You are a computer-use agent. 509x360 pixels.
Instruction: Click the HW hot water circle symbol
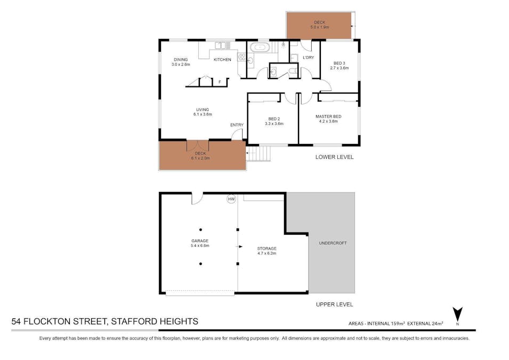pyautogui.click(x=231, y=199)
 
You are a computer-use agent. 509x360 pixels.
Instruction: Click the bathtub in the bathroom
pyautogui.click(x=260, y=47)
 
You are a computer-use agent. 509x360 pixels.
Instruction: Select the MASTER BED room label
pyautogui.click(x=328, y=116)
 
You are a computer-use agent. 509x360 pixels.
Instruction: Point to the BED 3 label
pyautogui.click(x=340, y=63)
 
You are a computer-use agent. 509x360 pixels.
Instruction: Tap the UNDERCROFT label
pyautogui.click(x=333, y=243)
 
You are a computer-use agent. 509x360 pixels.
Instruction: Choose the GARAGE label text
pyautogui.click(x=200, y=241)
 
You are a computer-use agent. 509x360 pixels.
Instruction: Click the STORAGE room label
pyautogui.click(x=266, y=249)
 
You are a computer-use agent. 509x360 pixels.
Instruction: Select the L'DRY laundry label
pyautogui.click(x=308, y=57)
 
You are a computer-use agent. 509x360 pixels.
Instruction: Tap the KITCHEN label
pyautogui.click(x=222, y=60)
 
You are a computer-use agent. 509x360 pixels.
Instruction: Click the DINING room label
pyautogui.click(x=181, y=60)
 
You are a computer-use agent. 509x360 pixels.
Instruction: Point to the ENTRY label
pyautogui.click(x=237, y=125)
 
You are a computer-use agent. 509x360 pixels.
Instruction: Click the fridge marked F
pyautogui.click(x=220, y=82)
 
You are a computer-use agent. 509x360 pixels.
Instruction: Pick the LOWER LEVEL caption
pyautogui.click(x=334, y=157)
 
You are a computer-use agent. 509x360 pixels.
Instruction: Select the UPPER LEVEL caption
pyautogui.click(x=334, y=305)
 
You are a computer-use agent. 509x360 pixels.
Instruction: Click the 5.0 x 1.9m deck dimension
pyautogui.click(x=319, y=27)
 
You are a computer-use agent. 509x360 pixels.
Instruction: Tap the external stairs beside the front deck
pyautogui.click(x=260, y=154)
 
